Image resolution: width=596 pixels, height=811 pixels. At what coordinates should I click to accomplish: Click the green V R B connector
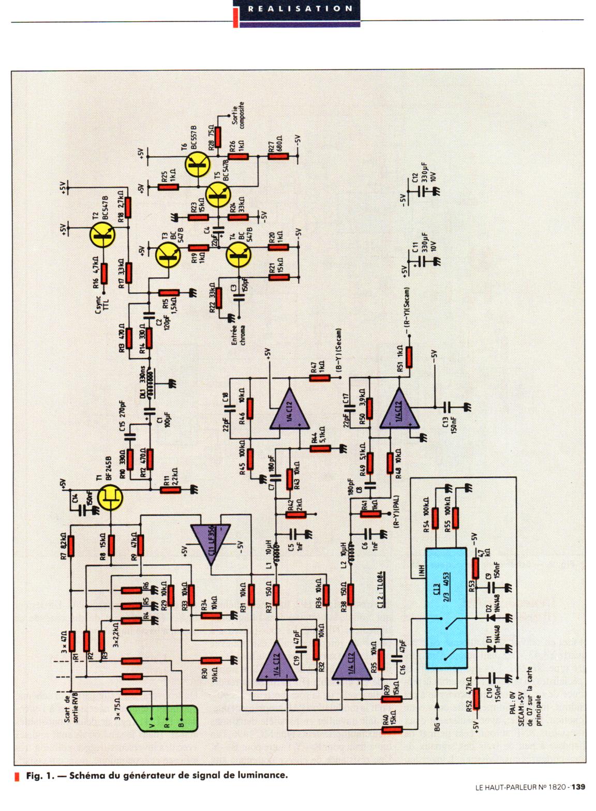pos(163,718)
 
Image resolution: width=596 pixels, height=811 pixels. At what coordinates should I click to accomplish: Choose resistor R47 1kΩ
pos(319,378)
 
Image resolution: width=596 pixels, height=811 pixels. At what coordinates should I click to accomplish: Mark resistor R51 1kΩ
pos(409,356)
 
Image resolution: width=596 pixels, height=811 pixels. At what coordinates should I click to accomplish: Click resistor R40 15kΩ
pos(392,730)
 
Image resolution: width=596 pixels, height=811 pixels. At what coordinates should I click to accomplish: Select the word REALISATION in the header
pos(300,8)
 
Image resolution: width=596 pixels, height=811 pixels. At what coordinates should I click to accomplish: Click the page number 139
pos(578,787)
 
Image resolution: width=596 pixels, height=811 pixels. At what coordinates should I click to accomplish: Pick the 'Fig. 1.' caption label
pos(40,775)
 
